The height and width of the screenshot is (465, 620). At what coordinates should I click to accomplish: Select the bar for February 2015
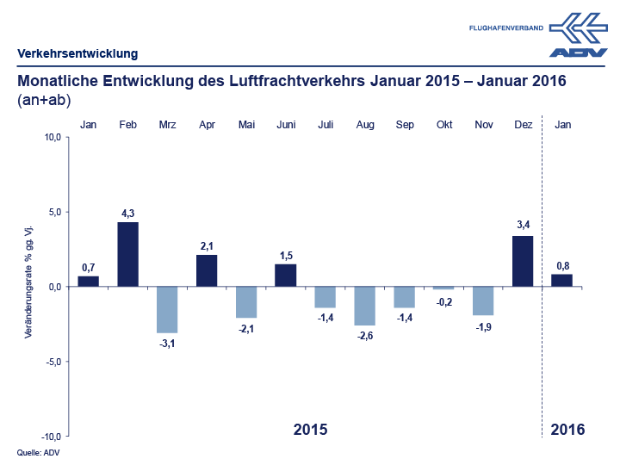(127, 254)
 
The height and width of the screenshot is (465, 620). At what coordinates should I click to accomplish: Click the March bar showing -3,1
(167, 309)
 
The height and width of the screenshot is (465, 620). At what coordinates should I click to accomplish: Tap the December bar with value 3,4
(523, 261)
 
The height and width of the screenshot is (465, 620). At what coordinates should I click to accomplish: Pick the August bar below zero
(365, 306)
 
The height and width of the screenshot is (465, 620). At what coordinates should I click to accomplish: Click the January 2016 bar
(562, 280)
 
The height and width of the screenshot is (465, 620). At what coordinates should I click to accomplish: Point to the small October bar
(443, 288)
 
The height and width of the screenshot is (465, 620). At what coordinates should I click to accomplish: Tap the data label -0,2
(443, 301)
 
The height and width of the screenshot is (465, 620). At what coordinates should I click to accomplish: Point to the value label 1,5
(286, 256)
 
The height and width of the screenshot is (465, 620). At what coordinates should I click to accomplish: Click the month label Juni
(286, 125)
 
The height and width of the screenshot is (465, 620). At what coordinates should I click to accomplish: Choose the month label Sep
(405, 125)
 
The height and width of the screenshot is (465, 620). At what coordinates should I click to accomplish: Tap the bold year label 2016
(567, 429)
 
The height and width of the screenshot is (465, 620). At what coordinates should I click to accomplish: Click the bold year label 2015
(311, 429)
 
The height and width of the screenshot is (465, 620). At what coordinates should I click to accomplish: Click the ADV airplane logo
(579, 34)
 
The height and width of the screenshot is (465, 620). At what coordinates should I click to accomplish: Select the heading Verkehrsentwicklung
(77, 53)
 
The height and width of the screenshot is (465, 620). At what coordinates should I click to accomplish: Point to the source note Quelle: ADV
(38, 452)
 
